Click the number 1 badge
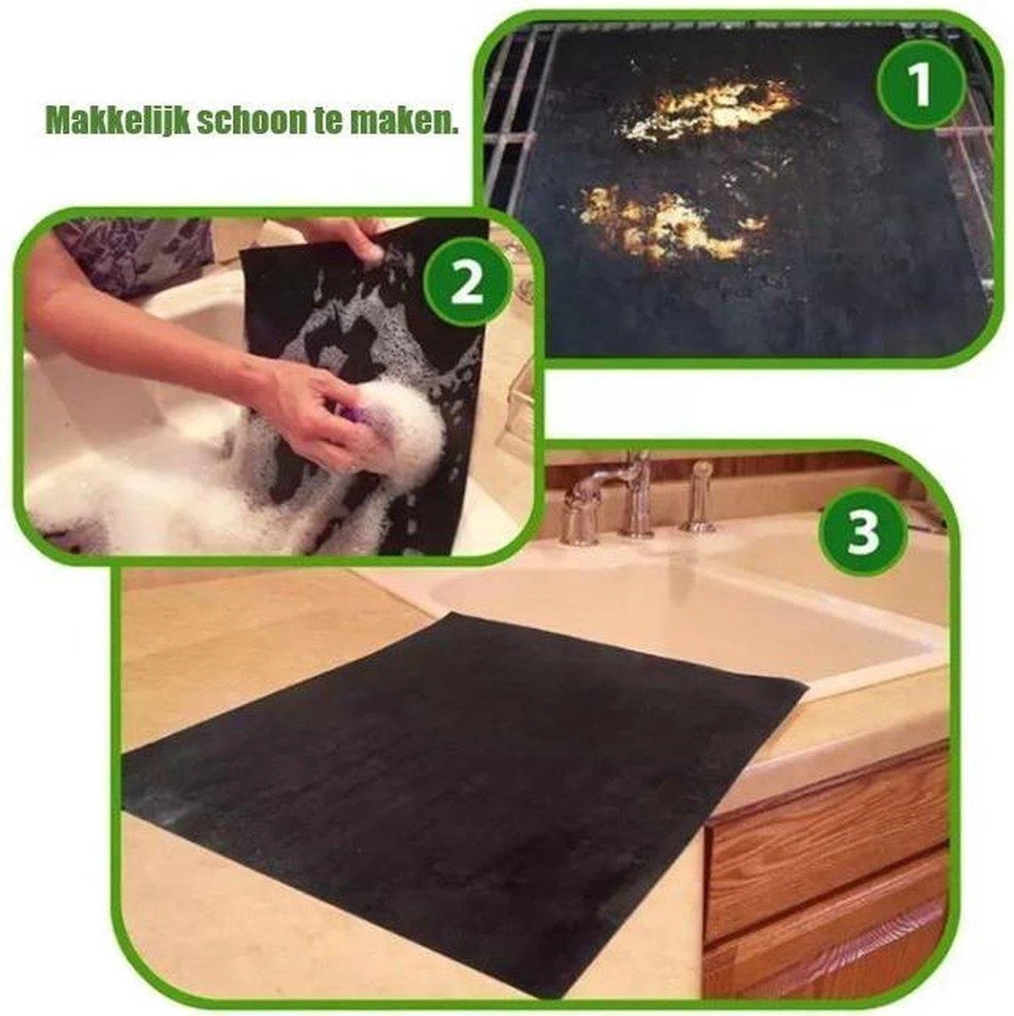click(x=921, y=84)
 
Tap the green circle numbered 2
click(x=468, y=284)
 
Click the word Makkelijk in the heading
click(x=117, y=122)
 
